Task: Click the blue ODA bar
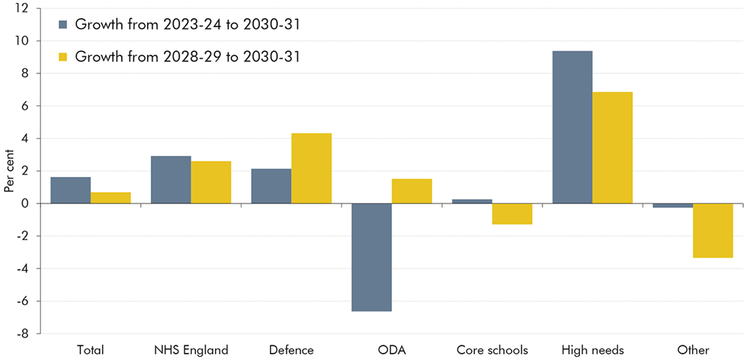coord(372,257)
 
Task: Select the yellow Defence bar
coord(311,168)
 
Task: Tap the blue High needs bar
coord(572,127)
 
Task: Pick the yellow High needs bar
coord(613,148)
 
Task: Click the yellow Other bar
coord(713,230)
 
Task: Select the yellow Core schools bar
coord(512,214)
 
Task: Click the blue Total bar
coord(70,190)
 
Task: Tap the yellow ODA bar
coord(411,191)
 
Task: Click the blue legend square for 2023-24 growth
coord(62,25)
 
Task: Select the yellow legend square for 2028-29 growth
coord(62,57)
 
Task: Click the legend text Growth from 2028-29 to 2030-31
coord(187,57)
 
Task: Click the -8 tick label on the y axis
coord(22,334)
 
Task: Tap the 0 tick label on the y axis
coord(25,204)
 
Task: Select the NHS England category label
coord(190,350)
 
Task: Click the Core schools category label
coord(492,350)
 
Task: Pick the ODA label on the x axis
coord(392,350)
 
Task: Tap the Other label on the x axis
coord(693,350)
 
